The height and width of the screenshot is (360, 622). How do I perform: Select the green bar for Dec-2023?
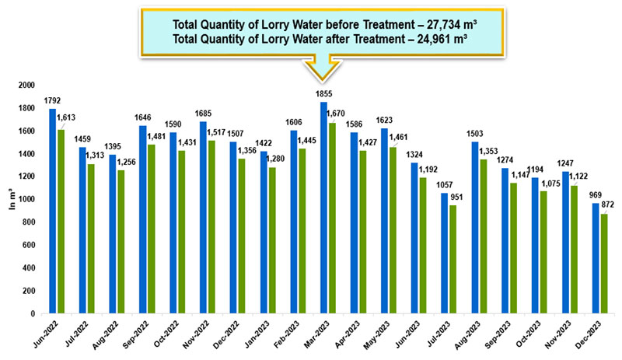pos(604,264)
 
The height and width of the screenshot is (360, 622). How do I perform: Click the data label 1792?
pos(52,101)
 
